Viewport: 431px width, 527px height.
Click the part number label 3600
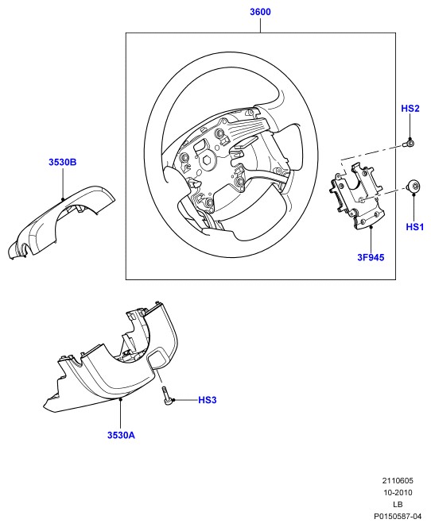(x=260, y=12)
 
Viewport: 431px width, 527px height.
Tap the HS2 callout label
(x=410, y=108)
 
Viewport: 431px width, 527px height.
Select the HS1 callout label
(x=415, y=227)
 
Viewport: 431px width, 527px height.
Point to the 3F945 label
(x=371, y=257)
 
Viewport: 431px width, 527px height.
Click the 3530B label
(x=63, y=162)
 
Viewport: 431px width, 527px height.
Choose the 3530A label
(x=121, y=435)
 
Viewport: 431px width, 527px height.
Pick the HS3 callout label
(x=207, y=400)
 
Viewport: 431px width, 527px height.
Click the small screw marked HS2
(x=408, y=144)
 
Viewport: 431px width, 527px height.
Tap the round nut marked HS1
(x=414, y=187)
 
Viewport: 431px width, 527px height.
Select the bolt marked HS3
(x=166, y=396)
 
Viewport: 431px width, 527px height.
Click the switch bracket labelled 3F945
(x=355, y=196)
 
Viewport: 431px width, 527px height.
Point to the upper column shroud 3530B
(x=60, y=221)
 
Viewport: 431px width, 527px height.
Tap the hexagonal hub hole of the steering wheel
(x=206, y=160)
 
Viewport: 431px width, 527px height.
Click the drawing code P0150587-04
(x=398, y=516)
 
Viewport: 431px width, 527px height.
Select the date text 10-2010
(x=398, y=492)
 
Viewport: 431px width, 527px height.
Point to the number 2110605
(x=398, y=481)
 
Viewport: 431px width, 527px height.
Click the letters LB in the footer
(x=398, y=504)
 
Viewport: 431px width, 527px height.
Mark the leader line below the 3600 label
(x=260, y=25)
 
